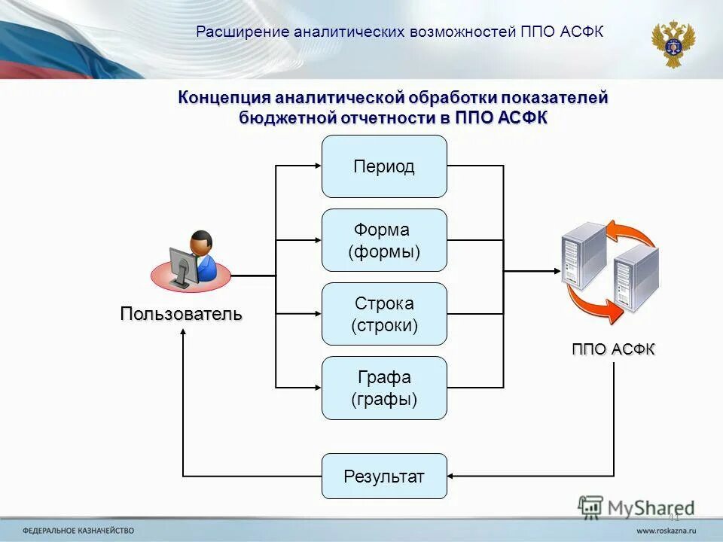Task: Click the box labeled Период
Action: coord(384,166)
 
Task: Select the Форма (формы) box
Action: coord(384,240)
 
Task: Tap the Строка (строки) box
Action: coord(384,314)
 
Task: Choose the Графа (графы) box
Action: coord(384,388)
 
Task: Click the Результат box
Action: coord(384,476)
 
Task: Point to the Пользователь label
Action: coord(182,314)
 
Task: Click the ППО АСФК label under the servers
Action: coord(613,349)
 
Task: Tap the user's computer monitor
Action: coord(181,265)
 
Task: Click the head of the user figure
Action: coord(201,242)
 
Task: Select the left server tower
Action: coord(583,257)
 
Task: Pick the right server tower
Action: coord(636,279)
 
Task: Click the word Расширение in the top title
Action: coord(243,32)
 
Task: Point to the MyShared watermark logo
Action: coord(637,507)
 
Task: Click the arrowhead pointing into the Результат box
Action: coord(452,476)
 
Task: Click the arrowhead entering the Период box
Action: coord(317,166)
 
